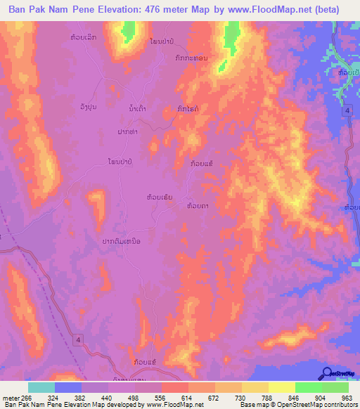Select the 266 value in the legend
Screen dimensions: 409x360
pyautogui.click(x=26, y=397)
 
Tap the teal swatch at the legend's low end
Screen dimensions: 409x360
pyautogui.click(x=41, y=387)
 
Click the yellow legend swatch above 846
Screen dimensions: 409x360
pyautogui.click(x=282, y=387)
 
